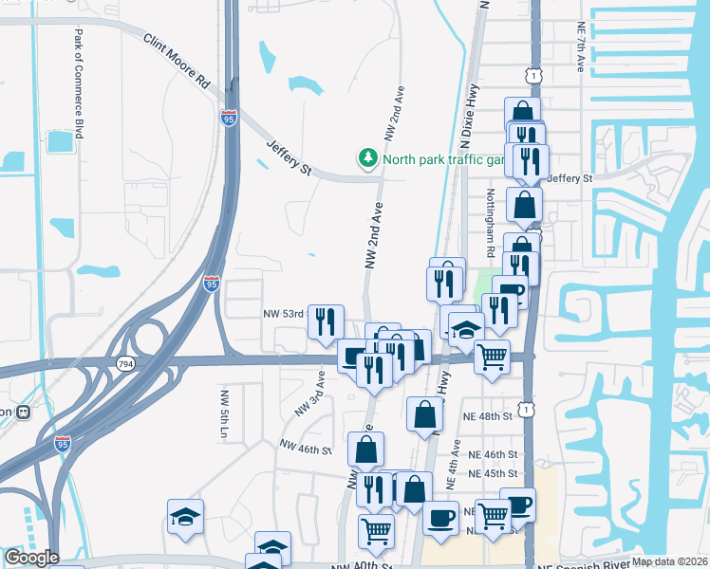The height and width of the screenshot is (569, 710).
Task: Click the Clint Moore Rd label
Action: tap(177, 64)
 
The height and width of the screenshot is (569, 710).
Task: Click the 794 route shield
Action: tap(124, 363)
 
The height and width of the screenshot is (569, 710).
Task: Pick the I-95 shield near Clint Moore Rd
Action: tap(228, 119)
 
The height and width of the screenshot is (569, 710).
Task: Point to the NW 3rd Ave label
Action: tap(309, 394)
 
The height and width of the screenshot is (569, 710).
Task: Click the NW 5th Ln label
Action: tap(225, 420)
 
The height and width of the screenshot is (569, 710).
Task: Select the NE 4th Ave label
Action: tap(455, 464)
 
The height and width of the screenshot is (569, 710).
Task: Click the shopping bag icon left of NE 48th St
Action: tap(424, 413)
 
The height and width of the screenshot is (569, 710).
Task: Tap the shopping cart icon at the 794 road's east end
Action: tap(492, 357)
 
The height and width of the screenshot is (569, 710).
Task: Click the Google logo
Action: tap(30, 558)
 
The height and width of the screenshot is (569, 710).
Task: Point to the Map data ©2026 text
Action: tap(668, 561)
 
